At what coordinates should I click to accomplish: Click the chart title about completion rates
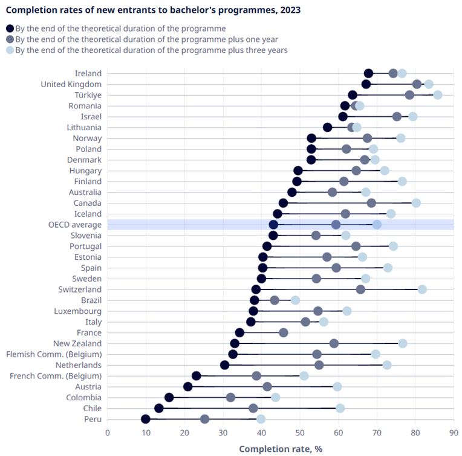click(153, 10)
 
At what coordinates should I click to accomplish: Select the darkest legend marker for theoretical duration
click(10, 28)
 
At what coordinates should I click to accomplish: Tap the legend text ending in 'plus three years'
click(151, 50)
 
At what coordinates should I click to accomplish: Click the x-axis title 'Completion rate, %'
click(280, 449)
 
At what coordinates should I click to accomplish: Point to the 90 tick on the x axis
click(454, 433)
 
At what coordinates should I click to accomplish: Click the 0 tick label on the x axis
click(108, 433)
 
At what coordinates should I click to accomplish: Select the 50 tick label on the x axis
click(300, 433)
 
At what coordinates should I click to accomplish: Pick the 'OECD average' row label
click(75, 225)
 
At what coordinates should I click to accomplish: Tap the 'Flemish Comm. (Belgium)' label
click(54, 354)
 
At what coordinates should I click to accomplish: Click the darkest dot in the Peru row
click(146, 419)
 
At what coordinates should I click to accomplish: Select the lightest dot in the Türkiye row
click(438, 95)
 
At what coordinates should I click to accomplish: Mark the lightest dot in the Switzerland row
click(422, 289)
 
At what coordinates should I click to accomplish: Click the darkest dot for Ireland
click(369, 73)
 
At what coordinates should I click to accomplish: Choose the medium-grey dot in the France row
click(284, 332)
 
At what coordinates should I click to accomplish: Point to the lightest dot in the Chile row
click(340, 408)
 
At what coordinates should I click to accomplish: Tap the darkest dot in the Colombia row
click(169, 397)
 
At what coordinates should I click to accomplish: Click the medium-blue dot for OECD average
click(336, 225)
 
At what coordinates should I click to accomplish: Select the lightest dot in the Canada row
click(416, 203)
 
